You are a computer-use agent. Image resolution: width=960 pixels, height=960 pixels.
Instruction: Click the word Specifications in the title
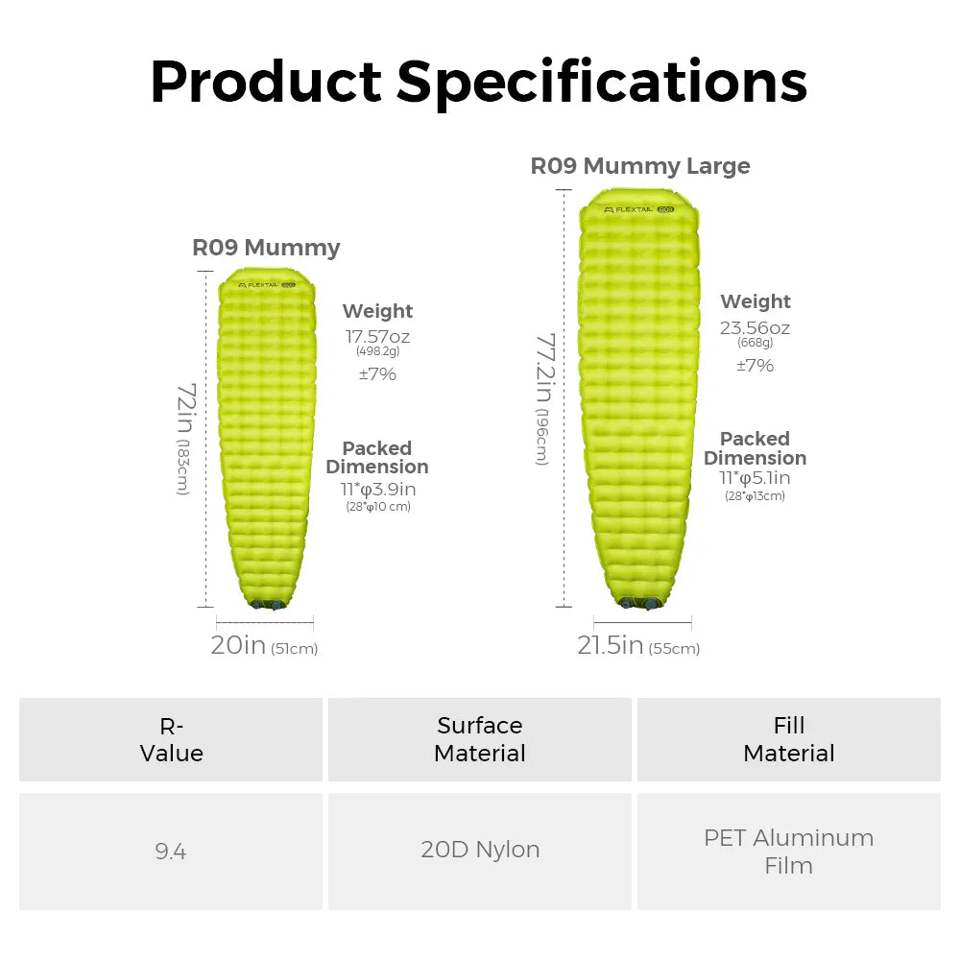pyautogui.click(x=602, y=82)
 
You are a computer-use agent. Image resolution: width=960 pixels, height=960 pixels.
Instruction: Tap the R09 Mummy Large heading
pyautogui.click(x=640, y=166)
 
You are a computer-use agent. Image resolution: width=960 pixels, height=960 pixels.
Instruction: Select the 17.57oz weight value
pyautogui.click(x=377, y=336)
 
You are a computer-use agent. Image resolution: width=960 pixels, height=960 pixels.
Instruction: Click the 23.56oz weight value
pyautogui.click(x=755, y=327)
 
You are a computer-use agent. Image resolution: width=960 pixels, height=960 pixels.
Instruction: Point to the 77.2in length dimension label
pyautogui.click(x=544, y=397)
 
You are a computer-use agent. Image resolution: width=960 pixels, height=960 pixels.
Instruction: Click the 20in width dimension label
pyautogui.click(x=238, y=646)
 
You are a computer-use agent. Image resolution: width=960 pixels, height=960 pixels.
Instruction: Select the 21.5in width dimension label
pyautogui.click(x=610, y=646)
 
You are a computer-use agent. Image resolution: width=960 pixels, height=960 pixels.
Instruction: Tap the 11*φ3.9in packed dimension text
pyautogui.click(x=377, y=489)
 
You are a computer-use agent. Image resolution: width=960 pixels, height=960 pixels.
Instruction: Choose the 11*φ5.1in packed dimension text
pyautogui.click(x=755, y=478)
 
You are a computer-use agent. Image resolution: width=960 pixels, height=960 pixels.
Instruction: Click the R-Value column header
pyautogui.click(x=171, y=739)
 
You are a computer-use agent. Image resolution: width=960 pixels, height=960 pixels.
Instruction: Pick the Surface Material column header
pyautogui.click(x=480, y=739)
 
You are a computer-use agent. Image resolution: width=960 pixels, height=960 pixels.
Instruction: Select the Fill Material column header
pyautogui.click(x=788, y=739)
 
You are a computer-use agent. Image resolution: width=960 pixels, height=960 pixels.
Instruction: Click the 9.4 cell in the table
pyautogui.click(x=171, y=851)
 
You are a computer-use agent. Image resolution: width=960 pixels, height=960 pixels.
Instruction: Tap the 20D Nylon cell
pyautogui.click(x=480, y=850)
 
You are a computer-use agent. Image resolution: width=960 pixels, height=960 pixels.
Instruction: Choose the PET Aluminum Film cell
pyautogui.click(x=788, y=851)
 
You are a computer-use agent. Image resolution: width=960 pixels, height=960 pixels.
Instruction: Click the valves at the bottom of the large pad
pyautogui.click(x=639, y=603)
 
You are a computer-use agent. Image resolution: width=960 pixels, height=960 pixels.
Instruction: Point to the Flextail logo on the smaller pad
pyautogui.click(x=260, y=284)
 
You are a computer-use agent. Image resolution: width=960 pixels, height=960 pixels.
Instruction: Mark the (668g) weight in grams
pyautogui.click(x=755, y=343)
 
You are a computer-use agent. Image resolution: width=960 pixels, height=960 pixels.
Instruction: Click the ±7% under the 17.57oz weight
pyautogui.click(x=377, y=374)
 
